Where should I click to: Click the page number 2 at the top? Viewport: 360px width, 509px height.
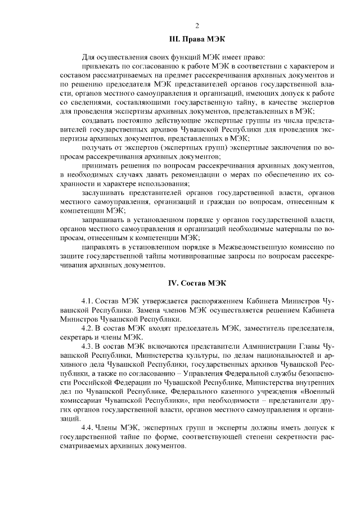pyautogui.click(x=197, y=25)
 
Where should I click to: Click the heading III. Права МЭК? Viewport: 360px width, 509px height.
pyautogui.click(x=197, y=39)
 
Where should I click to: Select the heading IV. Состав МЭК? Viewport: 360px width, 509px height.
pyautogui.click(x=197, y=281)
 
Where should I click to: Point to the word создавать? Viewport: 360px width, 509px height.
pyautogui.click(x=99, y=120)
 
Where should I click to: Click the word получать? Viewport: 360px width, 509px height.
pyautogui.click(x=98, y=147)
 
